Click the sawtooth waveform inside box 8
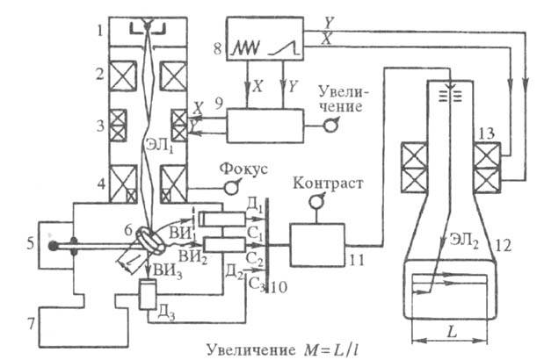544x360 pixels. coord(243,54)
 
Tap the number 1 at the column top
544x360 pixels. coord(101,30)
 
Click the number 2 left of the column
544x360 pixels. coord(102,73)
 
